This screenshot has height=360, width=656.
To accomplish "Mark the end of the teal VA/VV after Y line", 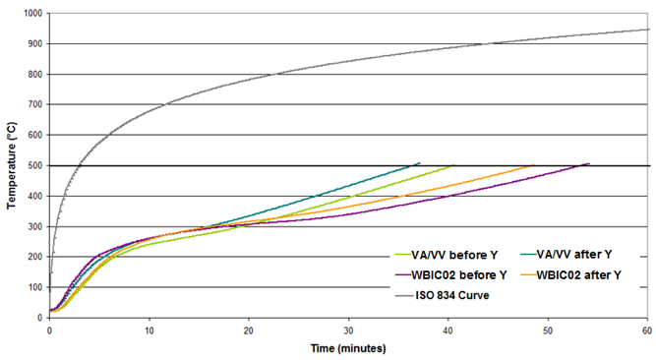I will point(420,163).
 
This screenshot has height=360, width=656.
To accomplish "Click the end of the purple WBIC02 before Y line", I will point(589,164).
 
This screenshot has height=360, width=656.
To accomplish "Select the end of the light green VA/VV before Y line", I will point(453,165).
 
